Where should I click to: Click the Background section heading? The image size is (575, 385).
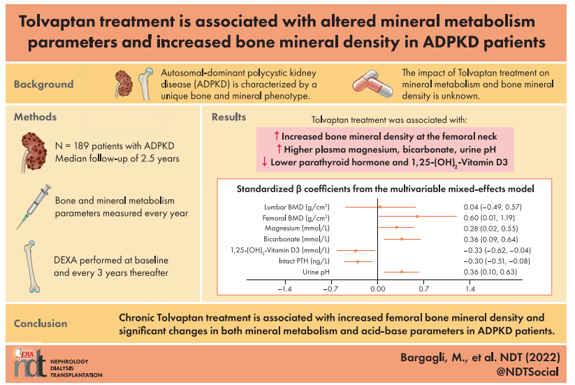(43, 85)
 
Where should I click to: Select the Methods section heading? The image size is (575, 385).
(36, 117)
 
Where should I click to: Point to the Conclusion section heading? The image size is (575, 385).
(41, 324)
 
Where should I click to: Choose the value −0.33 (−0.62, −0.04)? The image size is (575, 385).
(497, 249)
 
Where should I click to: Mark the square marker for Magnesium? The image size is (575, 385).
(396, 228)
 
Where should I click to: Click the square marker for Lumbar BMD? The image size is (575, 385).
(380, 207)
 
